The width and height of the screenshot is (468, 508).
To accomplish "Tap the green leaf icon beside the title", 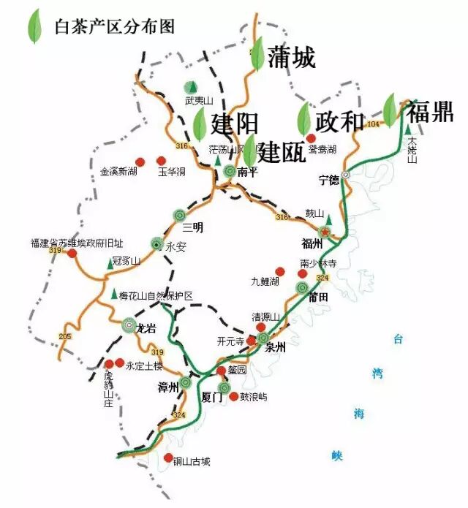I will pos(34,27).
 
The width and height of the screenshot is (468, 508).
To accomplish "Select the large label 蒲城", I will pos(292,56).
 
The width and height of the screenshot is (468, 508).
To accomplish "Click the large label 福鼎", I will pos(429,113).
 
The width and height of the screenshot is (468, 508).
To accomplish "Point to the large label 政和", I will pos(339,121).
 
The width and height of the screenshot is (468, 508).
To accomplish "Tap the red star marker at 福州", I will pos(325,232).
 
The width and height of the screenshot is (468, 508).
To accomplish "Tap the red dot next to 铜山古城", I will pos(168,459).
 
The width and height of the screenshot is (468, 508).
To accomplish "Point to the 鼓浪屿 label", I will pos(254,397).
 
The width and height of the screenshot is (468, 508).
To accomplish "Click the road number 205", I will pos(65,336).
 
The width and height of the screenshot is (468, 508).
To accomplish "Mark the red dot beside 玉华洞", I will pos(162,161).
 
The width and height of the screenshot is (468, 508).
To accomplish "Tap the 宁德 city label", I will pos(329,180).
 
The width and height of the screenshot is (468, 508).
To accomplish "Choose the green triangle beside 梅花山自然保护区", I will pos(114,295).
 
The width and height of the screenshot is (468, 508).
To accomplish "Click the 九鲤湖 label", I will pos(265,281).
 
